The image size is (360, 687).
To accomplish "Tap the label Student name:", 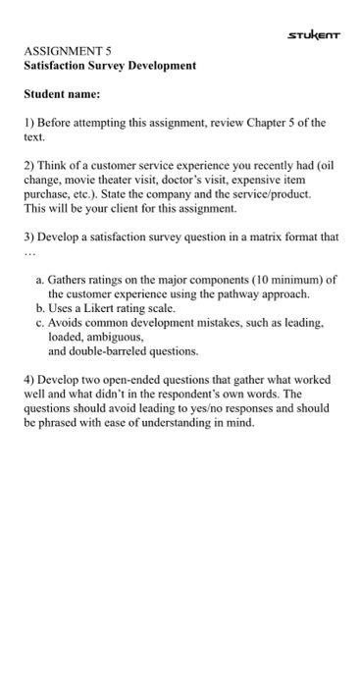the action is (62, 96).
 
